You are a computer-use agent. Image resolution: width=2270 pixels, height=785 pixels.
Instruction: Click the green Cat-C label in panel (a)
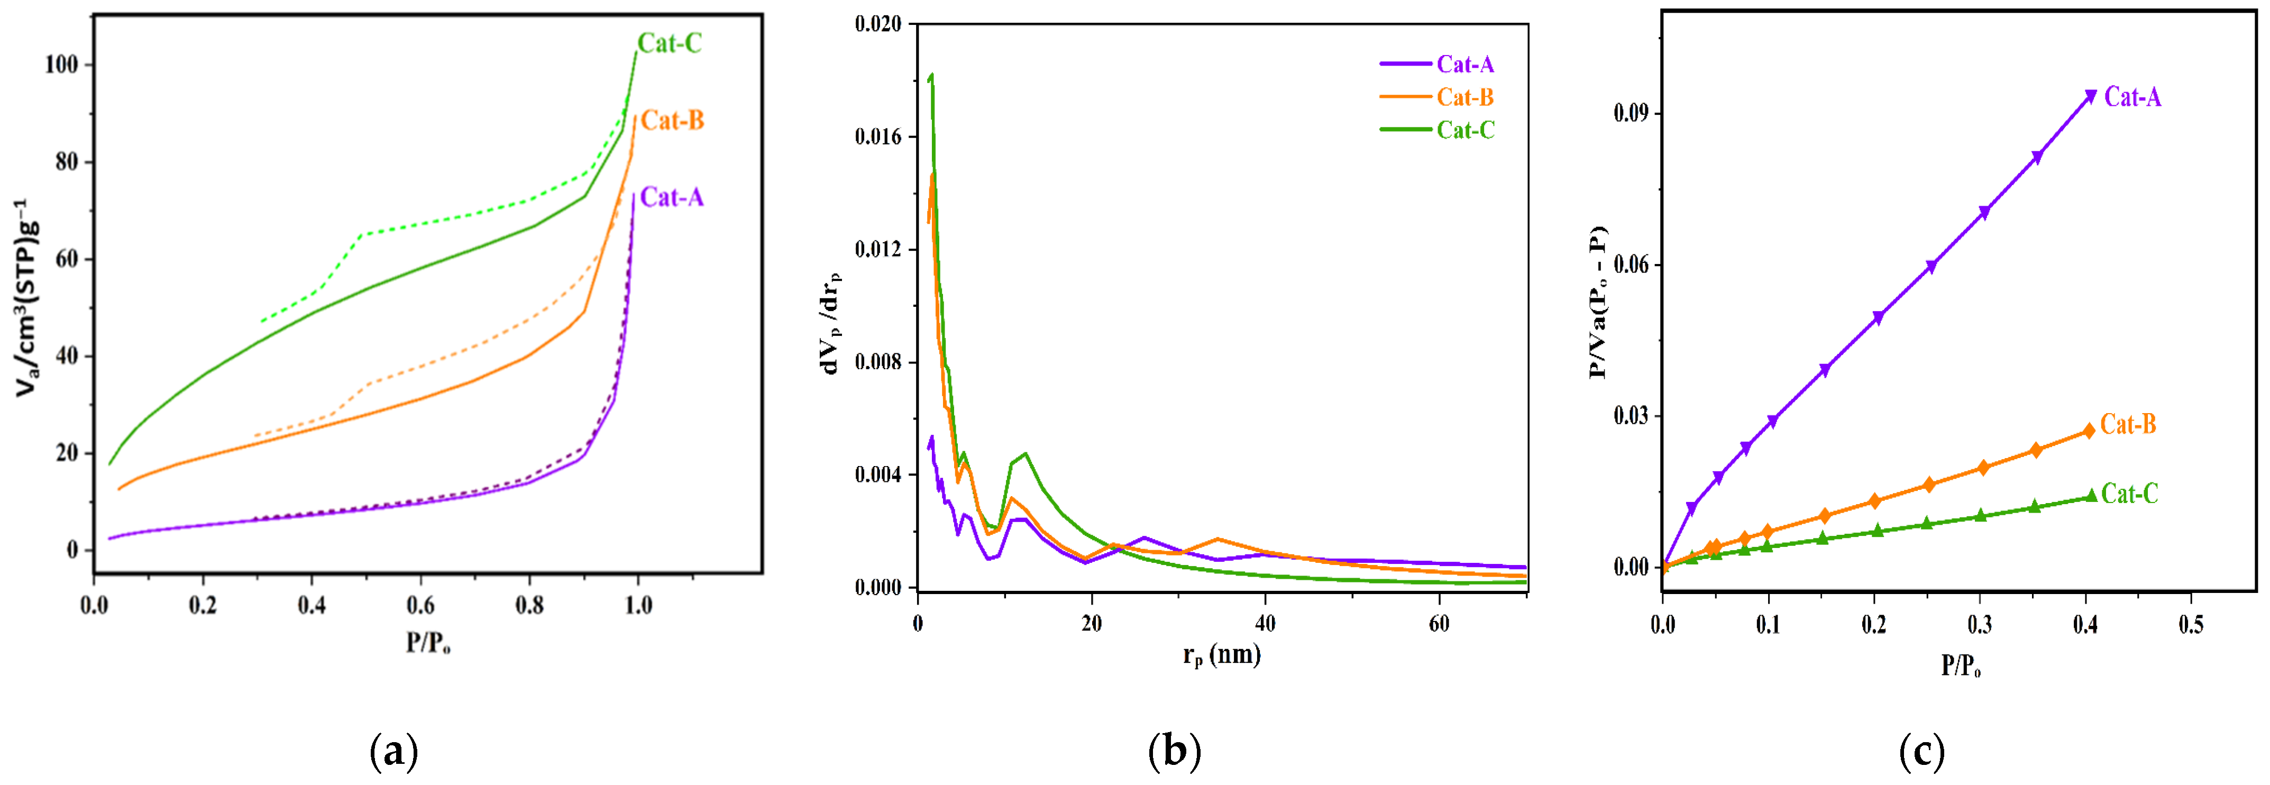coord(670,43)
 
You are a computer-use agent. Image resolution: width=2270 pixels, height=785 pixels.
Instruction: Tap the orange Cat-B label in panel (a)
coord(672,120)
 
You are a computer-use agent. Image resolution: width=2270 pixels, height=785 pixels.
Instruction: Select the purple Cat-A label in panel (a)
coord(672,196)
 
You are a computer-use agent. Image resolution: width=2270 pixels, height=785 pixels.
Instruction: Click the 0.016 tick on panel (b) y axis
coord(878,136)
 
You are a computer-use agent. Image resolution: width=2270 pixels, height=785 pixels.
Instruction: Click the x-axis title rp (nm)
coord(1221,655)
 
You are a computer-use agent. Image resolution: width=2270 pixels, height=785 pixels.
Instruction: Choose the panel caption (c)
coord(1921,752)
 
